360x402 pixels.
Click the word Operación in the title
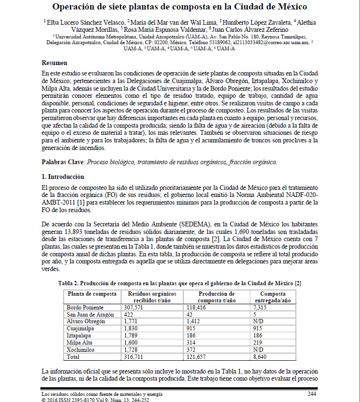tap(76, 8)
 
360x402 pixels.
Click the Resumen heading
tap(55, 63)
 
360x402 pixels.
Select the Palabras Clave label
tap(62, 162)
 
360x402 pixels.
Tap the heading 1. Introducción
tap(63, 177)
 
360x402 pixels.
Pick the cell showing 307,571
tap(133, 308)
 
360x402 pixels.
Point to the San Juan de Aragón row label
tap(90, 315)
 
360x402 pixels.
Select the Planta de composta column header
tap(92, 294)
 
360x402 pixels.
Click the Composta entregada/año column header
tap(273, 297)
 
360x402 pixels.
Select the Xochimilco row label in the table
tap(80, 349)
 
